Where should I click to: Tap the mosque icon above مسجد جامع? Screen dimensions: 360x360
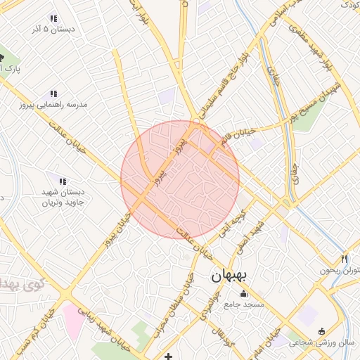(244, 294)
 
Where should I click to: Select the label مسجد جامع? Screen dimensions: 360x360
(244, 304)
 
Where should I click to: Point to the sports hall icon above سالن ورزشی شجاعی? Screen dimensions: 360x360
(322, 331)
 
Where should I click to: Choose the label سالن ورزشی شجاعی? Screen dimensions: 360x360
(325, 342)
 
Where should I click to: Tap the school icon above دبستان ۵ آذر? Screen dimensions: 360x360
(53, 18)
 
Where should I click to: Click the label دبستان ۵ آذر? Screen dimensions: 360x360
(53, 30)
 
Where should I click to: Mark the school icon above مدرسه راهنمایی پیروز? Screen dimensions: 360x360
(53, 93)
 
